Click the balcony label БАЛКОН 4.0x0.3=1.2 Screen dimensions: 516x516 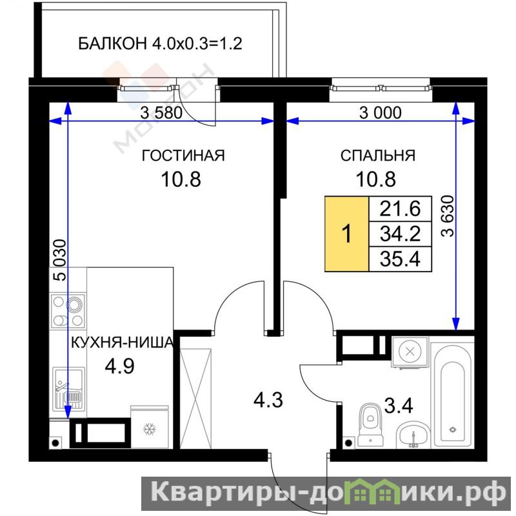pos(160,43)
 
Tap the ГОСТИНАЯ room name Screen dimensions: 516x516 pos(183,155)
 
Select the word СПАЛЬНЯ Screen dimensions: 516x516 pos(378,155)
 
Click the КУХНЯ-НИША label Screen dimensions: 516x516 pos(123,343)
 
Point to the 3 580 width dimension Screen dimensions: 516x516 pos(161,113)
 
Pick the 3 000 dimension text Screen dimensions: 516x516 pos(380,113)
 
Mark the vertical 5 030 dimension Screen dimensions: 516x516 pos(60,260)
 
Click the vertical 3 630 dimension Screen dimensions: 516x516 pos(448,216)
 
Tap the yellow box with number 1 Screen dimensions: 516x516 pos(346,234)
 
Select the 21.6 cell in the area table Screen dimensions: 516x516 pos(400,208)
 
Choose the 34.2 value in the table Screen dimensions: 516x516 pos(400,234)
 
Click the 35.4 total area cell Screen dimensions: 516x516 pos(400,259)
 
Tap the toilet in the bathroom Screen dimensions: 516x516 pos(371,424)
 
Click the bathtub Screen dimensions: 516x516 pos(453,395)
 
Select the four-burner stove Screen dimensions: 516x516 pos(68,311)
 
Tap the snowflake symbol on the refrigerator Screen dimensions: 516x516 pos(150,430)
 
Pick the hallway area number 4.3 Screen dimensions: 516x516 pos(268,401)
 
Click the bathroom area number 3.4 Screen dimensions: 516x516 pos(399,406)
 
